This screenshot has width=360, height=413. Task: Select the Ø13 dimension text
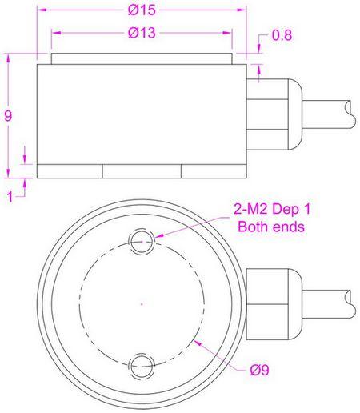pos(141,34)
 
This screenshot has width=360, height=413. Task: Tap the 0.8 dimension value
pos(282,36)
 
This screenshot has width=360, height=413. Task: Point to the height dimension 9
pos(8,115)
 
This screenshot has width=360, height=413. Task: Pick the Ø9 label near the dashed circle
pos(258,370)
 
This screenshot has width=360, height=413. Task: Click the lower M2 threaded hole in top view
pos(142,365)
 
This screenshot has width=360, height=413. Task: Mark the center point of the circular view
pos(142,303)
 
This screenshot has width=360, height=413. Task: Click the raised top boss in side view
pos(142,58)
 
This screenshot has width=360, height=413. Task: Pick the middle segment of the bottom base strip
pos(142,171)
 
